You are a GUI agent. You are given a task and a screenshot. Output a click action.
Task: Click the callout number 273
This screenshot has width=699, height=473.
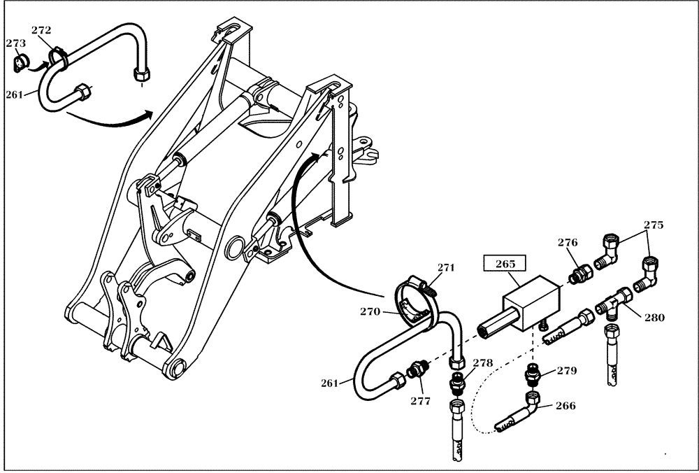pyautogui.click(x=15, y=43)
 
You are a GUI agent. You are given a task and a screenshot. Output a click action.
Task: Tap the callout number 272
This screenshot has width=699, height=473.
pyautogui.click(x=42, y=31)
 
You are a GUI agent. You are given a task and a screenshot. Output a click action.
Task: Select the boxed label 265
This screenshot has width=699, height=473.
pyautogui.click(x=505, y=264)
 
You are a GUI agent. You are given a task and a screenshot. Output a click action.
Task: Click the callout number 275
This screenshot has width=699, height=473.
pyautogui.click(x=654, y=225)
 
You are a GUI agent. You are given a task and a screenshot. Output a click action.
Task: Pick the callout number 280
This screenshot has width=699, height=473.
pyautogui.click(x=654, y=318)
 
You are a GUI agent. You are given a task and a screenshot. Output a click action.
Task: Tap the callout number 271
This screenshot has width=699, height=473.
pyautogui.click(x=446, y=267)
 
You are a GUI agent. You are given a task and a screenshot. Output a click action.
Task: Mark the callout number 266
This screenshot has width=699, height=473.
pyautogui.click(x=565, y=405)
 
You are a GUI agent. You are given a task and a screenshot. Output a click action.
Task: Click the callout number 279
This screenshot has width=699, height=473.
pyautogui.click(x=568, y=370)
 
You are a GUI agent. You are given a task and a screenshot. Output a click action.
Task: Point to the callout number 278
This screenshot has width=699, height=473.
pyautogui.click(x=482, y=363)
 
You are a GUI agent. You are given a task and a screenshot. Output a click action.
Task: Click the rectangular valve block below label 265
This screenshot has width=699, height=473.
pyautogui.click(x=531, y=303)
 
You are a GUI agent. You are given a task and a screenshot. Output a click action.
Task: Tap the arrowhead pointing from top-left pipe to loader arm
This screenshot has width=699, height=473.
pyautogui.click(x=148, y=112)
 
